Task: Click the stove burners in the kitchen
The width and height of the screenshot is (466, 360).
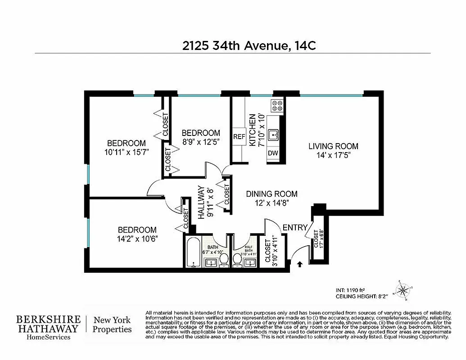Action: (x=277, y=106)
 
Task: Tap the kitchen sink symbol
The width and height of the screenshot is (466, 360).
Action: (x=274, y=135)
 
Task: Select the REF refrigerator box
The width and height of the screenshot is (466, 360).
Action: (x=239, y=137)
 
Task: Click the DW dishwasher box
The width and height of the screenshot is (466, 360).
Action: (x=273, y=153)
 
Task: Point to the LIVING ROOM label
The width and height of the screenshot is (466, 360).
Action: (x=333, y=146)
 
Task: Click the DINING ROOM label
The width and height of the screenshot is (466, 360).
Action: (x=271, y=194)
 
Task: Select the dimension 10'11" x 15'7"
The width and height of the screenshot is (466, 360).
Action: (x=126, y=152)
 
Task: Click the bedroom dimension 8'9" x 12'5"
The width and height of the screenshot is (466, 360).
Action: (x=201, y=142)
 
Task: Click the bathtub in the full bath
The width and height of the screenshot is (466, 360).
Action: (x=194, y=252)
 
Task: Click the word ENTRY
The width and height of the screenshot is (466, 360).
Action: (x=295, y=228)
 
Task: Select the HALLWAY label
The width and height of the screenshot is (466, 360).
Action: (x=201, y=202)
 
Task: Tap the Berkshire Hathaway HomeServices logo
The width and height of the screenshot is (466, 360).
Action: (x=49, y=327)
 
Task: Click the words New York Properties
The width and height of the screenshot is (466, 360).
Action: (x=112, y=325)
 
